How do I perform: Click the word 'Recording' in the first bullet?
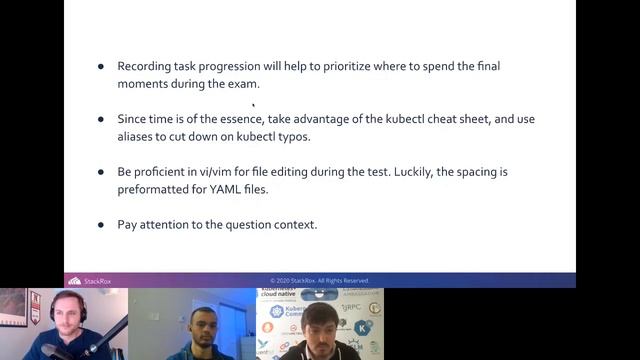click(144, 66)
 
